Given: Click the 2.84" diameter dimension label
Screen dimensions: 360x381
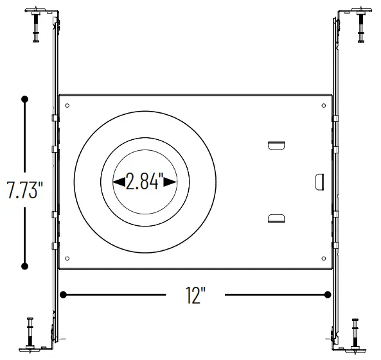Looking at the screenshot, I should click(x=145, y=182).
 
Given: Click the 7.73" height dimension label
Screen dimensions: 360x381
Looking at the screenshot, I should click(x=25, y=191).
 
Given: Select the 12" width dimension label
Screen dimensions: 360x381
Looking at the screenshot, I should click(x=195, y=295).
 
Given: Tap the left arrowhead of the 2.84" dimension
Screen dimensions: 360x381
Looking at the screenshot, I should click(x=119, y=182).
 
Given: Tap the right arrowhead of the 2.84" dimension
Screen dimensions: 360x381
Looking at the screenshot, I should click(x=170, y=182).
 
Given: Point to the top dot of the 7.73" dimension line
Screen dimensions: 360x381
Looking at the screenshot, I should click(x=25, y=99).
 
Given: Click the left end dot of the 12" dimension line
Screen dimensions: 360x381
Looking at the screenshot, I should click(x=64, y=295).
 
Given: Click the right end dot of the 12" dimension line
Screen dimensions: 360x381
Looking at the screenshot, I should click(x=328, y=295).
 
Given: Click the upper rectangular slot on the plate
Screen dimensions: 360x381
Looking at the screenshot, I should click(x=276, y=146).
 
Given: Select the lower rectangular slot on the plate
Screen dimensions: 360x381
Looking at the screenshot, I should click(x=276, y=219).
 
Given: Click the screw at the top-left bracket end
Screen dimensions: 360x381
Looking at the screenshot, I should click(x=35, y=26).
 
